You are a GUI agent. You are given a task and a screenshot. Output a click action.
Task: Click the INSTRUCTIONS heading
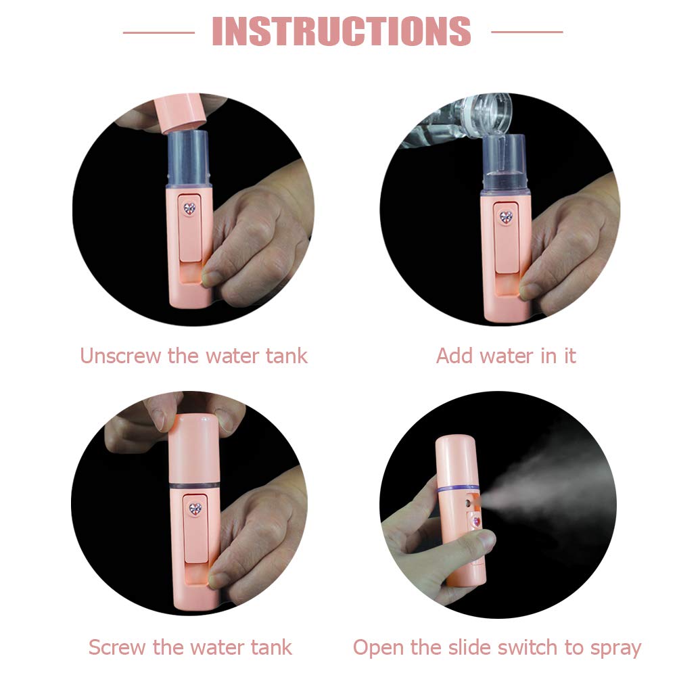coord(342,31)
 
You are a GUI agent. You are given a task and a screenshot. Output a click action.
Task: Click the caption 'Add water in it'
coord(506,355)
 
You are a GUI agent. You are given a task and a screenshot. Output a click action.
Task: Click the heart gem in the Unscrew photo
coord(190,209)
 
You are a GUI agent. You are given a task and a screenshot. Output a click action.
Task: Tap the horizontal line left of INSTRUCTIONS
coord(158,32)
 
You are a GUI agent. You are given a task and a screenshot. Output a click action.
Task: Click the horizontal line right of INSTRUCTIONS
coord(526,32)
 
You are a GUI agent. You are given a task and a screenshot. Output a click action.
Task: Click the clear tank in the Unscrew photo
coord(188,160)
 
